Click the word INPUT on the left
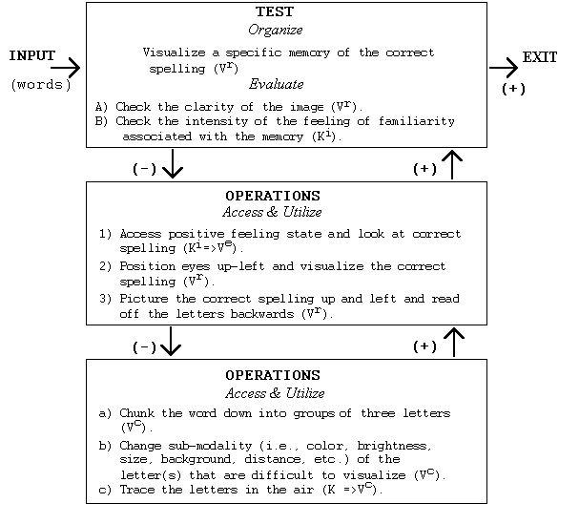[x=31, y=56]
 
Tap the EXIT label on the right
[x=539, y=58]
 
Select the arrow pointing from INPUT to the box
[x=66, y=68]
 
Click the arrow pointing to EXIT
[x=503, y=68]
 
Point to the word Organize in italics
[x=277, y=30]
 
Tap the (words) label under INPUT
[x=41, y=85]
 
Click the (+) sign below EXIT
[x=513, y=89]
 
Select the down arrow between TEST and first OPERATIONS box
[x=172, y=165]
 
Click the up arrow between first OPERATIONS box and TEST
[x=454, y=164]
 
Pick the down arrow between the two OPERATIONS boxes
[x=172, y=342]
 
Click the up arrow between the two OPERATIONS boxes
[x=454, y=342]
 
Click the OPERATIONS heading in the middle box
[x=272, y=196]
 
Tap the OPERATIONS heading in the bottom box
[x=272, y=376]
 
